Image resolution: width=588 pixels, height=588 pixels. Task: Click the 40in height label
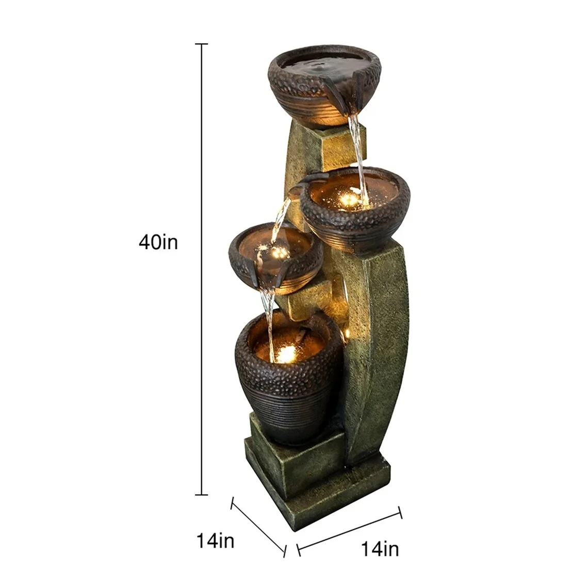(x=158, y=242)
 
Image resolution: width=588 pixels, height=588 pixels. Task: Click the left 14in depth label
(x=215, y=541)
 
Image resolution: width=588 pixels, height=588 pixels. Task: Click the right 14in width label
(x=379, y=549)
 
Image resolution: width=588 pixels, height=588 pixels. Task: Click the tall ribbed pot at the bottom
(x=289, y=382)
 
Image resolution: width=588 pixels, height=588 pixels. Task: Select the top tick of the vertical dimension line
(x=201, y=45)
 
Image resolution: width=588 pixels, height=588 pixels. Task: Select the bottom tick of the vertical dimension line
(x=201, y=495)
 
